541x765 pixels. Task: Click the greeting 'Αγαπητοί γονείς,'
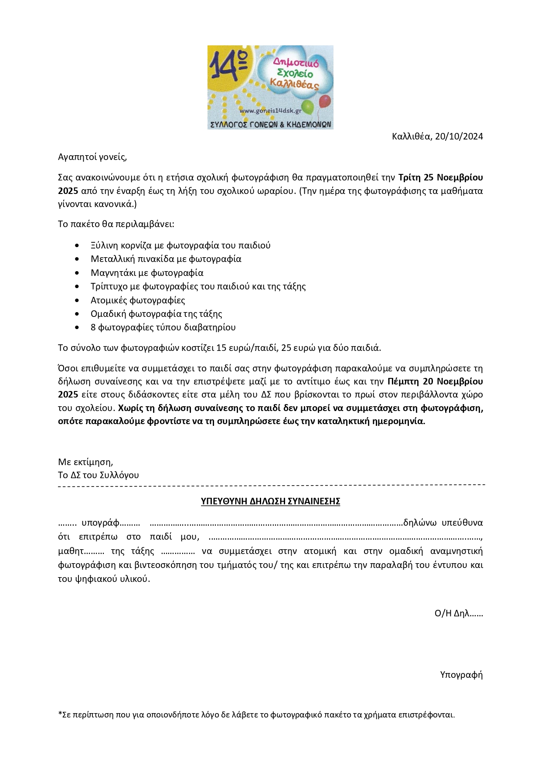92,157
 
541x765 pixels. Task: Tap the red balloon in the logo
325,102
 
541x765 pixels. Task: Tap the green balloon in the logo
308,106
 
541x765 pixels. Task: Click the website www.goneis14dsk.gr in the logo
270,111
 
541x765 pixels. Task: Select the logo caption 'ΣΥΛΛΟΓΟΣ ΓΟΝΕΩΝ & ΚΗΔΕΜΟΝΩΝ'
270,125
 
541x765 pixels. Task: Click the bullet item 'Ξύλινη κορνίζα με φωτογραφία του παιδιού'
180,245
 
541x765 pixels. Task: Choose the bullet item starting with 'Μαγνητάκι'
147,273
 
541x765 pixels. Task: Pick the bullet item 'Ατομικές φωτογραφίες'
138,300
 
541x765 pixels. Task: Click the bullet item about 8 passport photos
163,327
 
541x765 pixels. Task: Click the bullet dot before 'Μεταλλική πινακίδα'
77,259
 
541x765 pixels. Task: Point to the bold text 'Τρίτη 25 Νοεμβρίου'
440,177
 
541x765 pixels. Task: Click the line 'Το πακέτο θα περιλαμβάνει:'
116,224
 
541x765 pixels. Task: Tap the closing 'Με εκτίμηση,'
85,462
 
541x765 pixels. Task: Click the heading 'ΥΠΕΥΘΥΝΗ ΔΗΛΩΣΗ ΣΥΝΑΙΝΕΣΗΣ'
270,501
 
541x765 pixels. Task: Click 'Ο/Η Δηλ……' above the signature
459,613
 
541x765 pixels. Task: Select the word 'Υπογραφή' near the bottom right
461,675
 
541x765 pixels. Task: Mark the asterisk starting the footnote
60,714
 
